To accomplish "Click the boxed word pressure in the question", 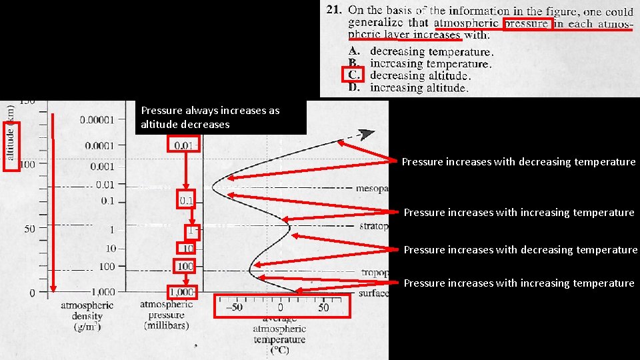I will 527,23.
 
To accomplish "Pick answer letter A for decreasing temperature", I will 355,51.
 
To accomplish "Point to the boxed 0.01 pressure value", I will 184,145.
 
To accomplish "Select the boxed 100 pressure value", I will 184,266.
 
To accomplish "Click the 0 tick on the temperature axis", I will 280,307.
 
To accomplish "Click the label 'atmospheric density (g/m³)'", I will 87,316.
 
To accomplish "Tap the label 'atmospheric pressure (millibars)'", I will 167,315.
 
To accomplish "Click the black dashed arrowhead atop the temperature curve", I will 365,133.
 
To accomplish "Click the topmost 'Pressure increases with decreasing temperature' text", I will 519,161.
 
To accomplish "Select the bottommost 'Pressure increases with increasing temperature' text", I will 519,283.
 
